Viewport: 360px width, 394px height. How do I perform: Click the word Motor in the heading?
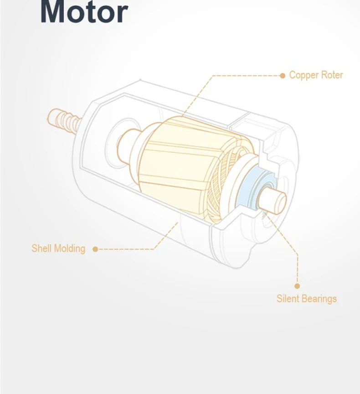[84, 12]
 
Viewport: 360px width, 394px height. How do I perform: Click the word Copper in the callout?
[304, 75]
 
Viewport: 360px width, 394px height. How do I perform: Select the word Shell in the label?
[41, 249]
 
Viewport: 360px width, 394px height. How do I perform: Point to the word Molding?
[69, 249]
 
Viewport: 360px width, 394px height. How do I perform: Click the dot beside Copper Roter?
[282, 76]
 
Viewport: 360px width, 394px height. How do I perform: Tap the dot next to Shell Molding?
[95, 249]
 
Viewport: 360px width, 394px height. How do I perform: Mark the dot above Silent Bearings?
[297, 286]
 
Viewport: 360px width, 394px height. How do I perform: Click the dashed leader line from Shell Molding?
[128, 249]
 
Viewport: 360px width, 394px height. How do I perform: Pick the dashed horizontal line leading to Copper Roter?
[246, 76]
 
